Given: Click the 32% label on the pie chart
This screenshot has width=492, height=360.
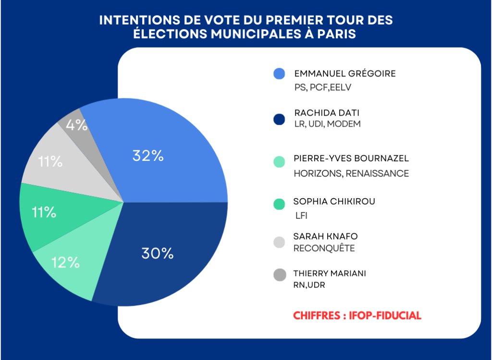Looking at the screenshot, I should click(x=148, y=156).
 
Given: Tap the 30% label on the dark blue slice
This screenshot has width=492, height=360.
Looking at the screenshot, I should click(x=157, y=253).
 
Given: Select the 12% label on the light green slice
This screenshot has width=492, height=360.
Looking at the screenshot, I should click(x=66, y=262).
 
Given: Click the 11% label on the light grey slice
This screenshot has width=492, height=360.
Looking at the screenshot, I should click(x=51, y=162).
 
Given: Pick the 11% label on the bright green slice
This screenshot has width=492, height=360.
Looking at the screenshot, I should click(x=44, y=212).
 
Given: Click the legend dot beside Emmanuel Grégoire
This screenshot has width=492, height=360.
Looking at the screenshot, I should click(x=279, y=73).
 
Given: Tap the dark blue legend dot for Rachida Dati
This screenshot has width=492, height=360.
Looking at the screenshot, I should click(x=279, y=118).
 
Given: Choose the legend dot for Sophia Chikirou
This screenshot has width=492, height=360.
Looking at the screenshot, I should click(x=279, y=204).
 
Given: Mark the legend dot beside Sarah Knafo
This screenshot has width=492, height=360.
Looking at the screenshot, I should click(x=279, y=242).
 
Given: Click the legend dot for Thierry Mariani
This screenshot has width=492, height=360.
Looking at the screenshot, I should click(x=279, y=275).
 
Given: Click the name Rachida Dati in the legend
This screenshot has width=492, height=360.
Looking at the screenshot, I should click(x=327, y=113).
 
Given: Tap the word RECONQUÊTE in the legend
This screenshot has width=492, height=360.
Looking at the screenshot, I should click(x=323, y=248).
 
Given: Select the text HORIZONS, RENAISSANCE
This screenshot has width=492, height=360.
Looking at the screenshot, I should click(x=351, y=173).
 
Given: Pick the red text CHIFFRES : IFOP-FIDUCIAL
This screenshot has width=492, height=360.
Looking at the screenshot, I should click(x=357, y=315).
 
